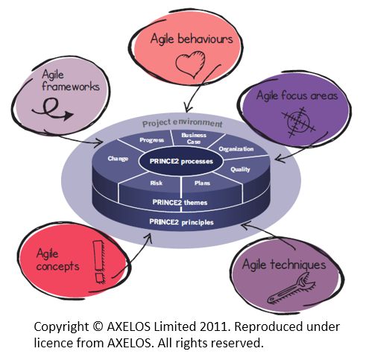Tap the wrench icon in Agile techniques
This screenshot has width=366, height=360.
coord(291,288)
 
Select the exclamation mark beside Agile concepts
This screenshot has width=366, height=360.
coord(99,262)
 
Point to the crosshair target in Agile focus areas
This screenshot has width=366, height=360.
coord(298,121)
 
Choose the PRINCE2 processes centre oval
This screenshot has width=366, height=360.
coord(181,161)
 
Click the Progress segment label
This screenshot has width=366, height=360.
coord(151,140)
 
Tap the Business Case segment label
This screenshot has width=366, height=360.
coord(194,139)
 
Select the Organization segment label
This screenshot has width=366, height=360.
coord(236,149)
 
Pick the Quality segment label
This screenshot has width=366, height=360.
coord(240,169)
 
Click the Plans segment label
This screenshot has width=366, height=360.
coord(202,183)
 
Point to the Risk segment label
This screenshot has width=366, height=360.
coord(157,183)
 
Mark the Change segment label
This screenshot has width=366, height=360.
coord(118,159)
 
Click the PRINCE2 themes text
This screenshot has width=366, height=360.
coord(180,203)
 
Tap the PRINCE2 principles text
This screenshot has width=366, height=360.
coord(181,222)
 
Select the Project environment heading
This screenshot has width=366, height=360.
coord(182,123)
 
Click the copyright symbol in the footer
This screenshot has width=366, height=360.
coord(98,326)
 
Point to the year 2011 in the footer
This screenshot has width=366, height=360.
coord(214,326)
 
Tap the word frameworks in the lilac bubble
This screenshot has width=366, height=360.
coord(71,86)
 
